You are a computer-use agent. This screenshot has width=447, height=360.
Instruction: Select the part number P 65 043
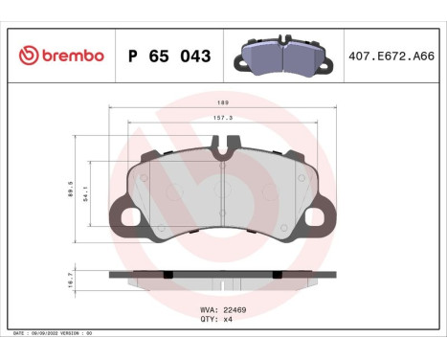[x=169, y=56]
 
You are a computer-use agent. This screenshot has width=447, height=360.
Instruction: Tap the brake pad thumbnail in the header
[x=280, y=56]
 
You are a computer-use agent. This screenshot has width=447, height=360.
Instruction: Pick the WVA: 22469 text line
[x=223, y=309]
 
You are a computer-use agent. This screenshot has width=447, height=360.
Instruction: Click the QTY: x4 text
[x=217, y=321]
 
